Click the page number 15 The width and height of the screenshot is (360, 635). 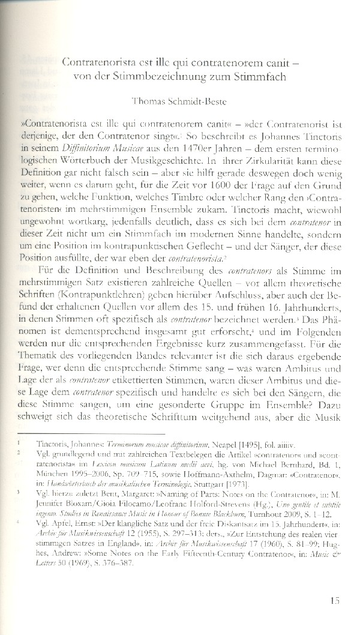click(x=335, y=600)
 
